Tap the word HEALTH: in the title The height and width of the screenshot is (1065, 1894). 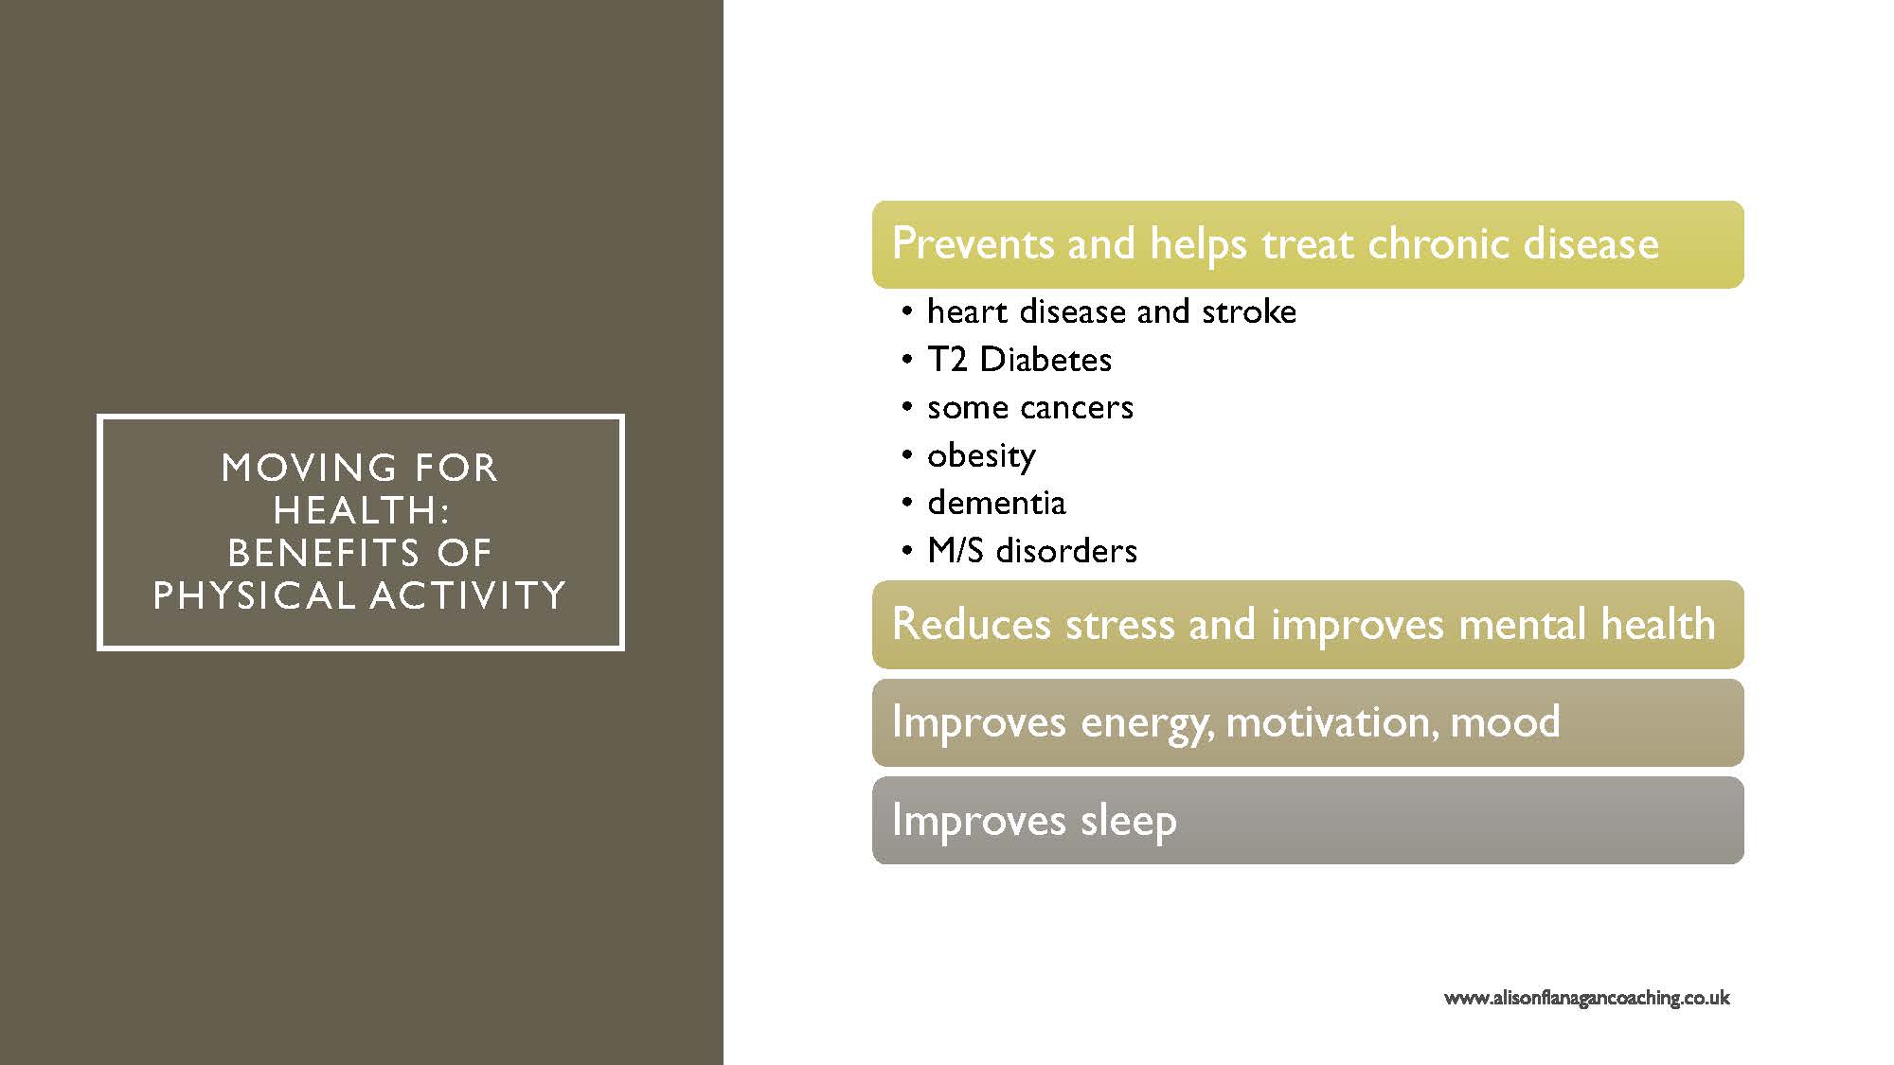click(361, 510)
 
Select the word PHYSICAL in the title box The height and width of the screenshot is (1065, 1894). click(255, 595)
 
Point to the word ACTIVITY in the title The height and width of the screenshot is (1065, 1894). click(469, 595)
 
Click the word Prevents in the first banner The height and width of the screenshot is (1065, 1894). click(973, 243)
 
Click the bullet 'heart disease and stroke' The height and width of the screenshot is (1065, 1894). click(1112, 311)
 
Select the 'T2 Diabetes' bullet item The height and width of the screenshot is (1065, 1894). click(1020, 360)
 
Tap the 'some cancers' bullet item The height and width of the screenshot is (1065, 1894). click(1030, 408)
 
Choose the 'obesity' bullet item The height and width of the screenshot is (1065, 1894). click(981, 456)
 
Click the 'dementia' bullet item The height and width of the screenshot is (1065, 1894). click(996, 503)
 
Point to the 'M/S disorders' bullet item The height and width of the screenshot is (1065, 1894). click(1032, 551)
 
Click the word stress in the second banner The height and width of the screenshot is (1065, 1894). click(1120, 625)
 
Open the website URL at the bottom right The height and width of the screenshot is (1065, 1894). click(1586, 998)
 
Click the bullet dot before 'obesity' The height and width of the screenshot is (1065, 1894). click(908, 456)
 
